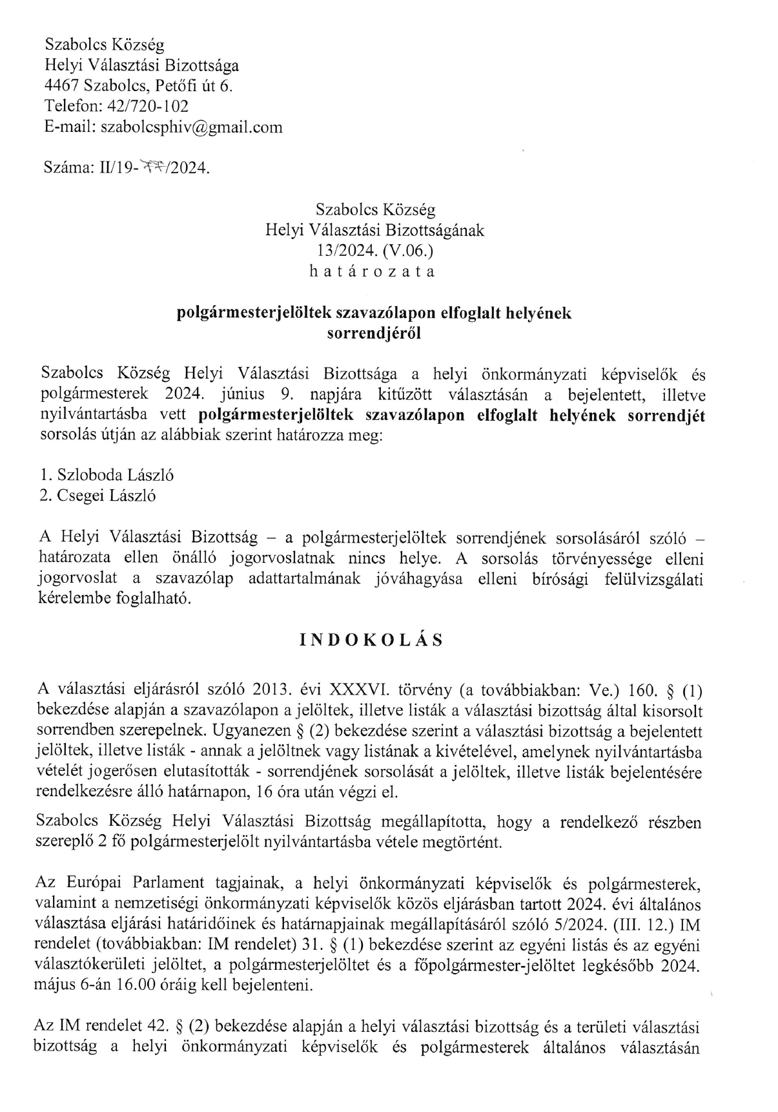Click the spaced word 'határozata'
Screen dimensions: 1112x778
(374, 271)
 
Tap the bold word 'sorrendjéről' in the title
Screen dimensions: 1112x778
(374, 333)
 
